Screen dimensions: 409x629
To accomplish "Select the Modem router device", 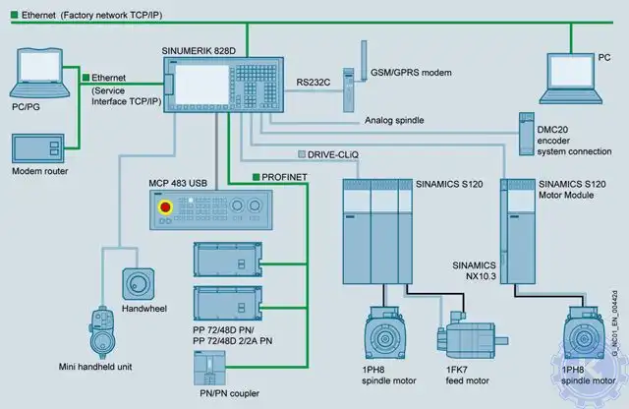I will (x=40, y=146).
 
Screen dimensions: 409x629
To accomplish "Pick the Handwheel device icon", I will (x=135, y=284).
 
